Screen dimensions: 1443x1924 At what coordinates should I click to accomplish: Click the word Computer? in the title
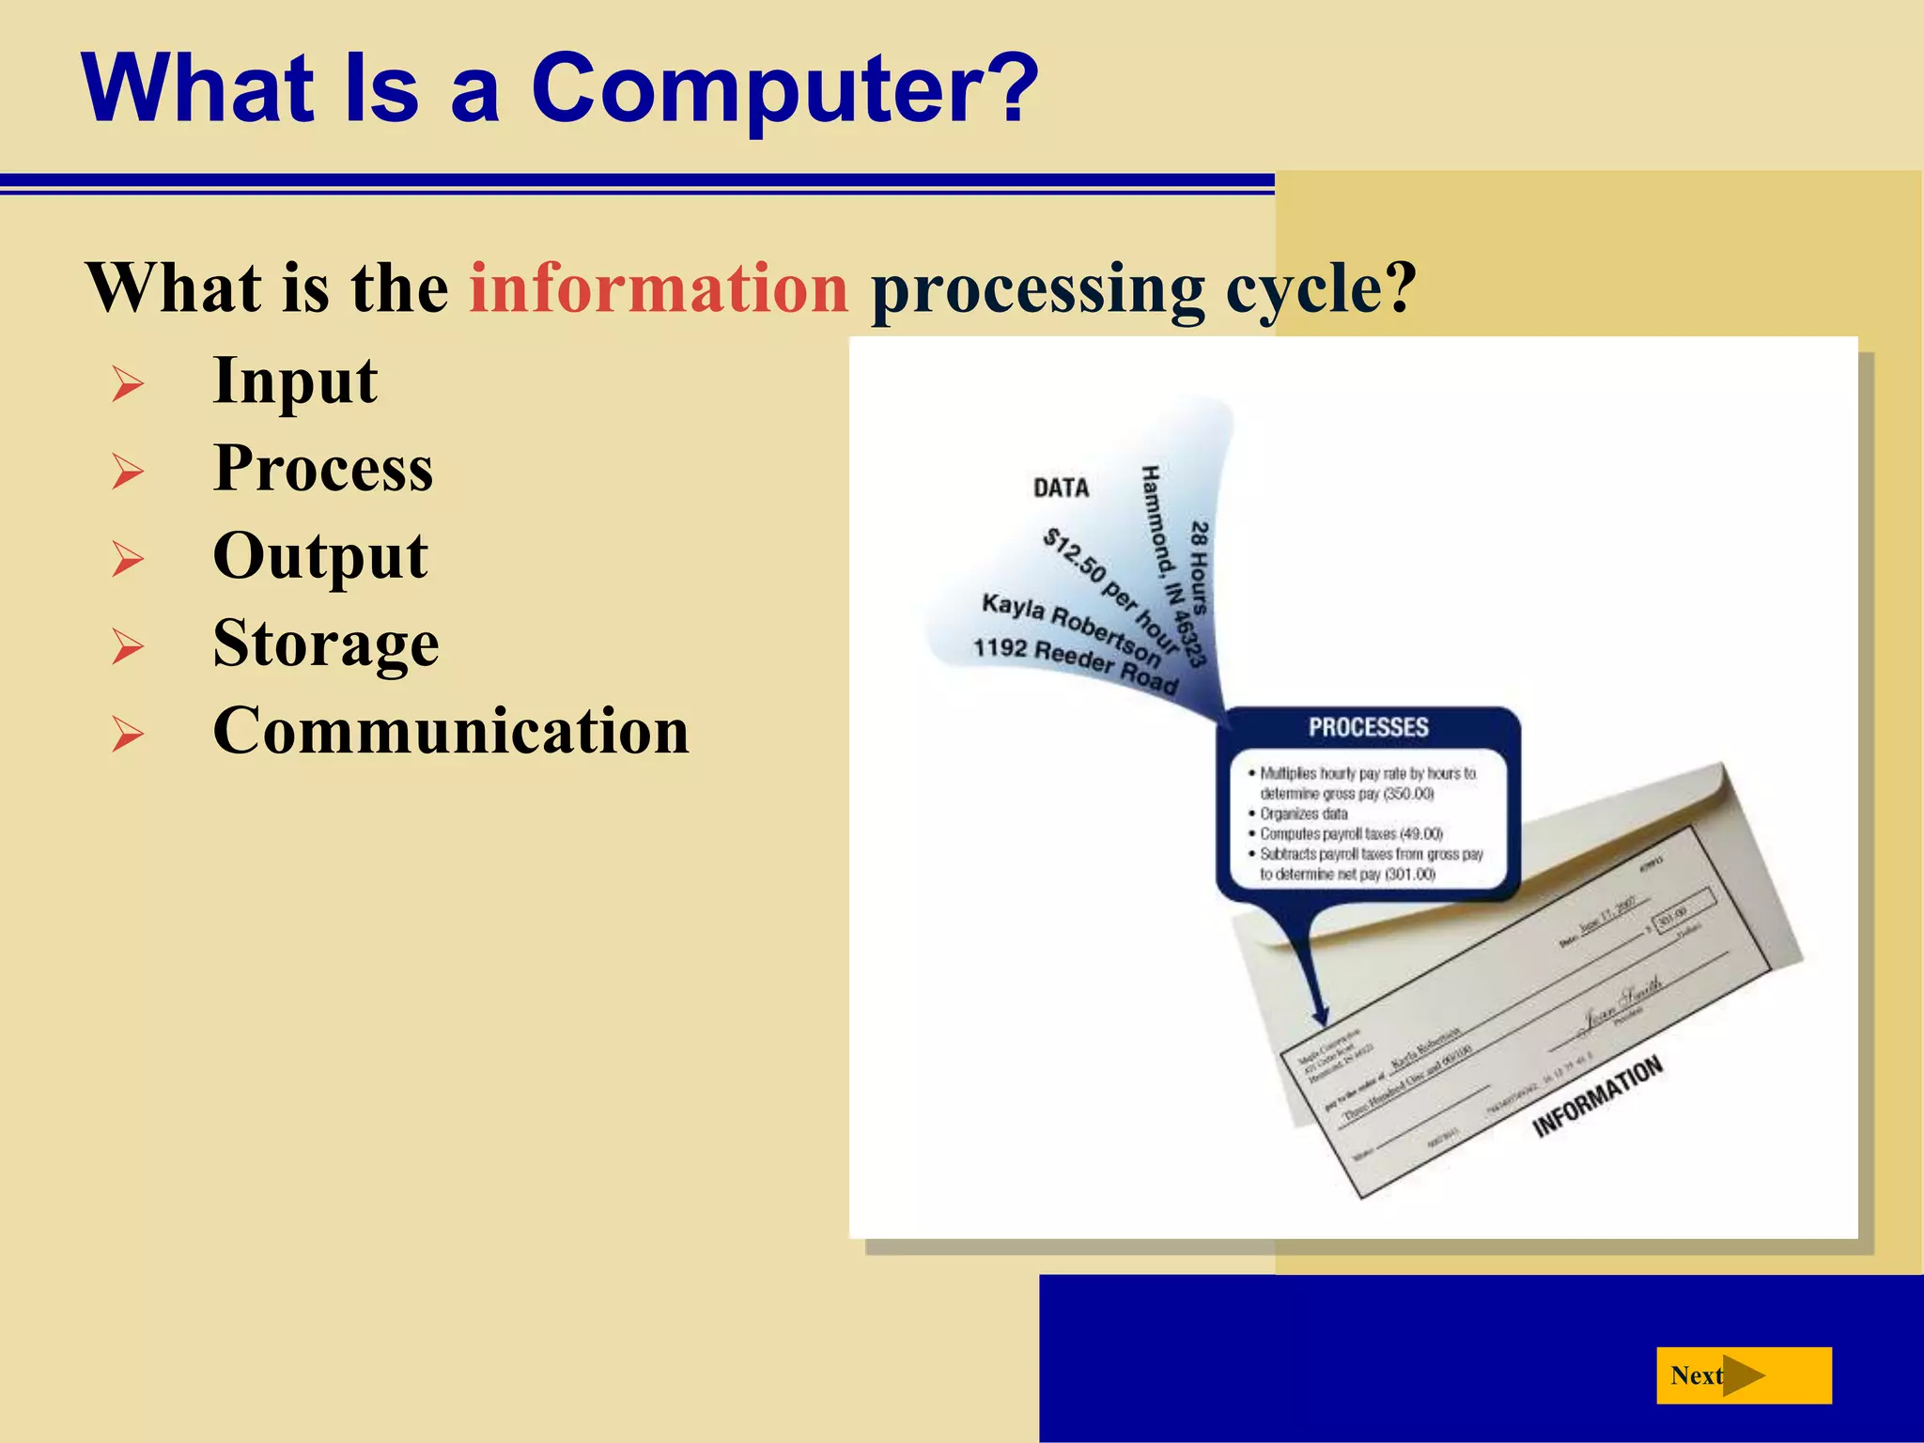[784, 89]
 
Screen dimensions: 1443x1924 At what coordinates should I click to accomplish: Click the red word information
[659, 287]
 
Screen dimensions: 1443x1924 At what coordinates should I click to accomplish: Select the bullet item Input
[295, 381]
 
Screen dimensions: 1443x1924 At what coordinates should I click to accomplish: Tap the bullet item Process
[323, 468]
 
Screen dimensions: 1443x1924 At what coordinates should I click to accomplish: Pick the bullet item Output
[320, 556]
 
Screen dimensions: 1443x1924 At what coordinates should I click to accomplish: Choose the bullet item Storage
[326, 644]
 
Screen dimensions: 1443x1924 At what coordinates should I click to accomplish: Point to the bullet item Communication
[451, 731]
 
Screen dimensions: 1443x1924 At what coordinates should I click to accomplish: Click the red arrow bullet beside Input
[128, 384]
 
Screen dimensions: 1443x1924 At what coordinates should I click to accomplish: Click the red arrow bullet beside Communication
[128, 734]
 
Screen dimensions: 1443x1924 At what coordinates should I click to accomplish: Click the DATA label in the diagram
[1061, 488]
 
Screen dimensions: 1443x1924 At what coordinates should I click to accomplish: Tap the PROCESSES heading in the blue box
[1368, 727]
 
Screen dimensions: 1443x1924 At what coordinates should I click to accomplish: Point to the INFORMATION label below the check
[1597, 1095]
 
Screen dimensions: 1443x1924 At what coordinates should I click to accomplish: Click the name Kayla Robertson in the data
[1071, 627]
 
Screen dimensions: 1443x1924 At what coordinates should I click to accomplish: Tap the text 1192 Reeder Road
[1074, 664]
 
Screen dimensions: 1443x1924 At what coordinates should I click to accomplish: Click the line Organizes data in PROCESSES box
[1303, 814]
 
